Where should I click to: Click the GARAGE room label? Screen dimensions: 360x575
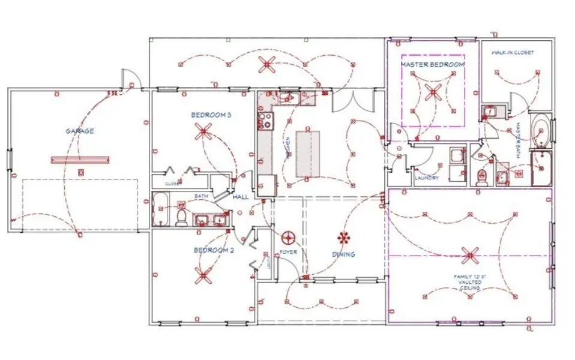click(80, 131)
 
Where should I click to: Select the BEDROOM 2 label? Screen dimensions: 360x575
click(213, 250)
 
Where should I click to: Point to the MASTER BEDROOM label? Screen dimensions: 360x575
click(432, 64)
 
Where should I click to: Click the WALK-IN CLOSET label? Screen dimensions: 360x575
click(513, 53)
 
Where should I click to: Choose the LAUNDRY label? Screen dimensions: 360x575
click(426, 178)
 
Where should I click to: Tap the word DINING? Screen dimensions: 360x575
click(344, 254)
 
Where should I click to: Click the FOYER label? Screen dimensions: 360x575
click(289, 252)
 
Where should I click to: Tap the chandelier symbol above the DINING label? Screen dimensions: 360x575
click(344, 237)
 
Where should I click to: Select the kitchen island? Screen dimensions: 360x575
click(307, 153)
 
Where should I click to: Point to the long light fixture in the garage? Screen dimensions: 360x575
click(80, 160)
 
